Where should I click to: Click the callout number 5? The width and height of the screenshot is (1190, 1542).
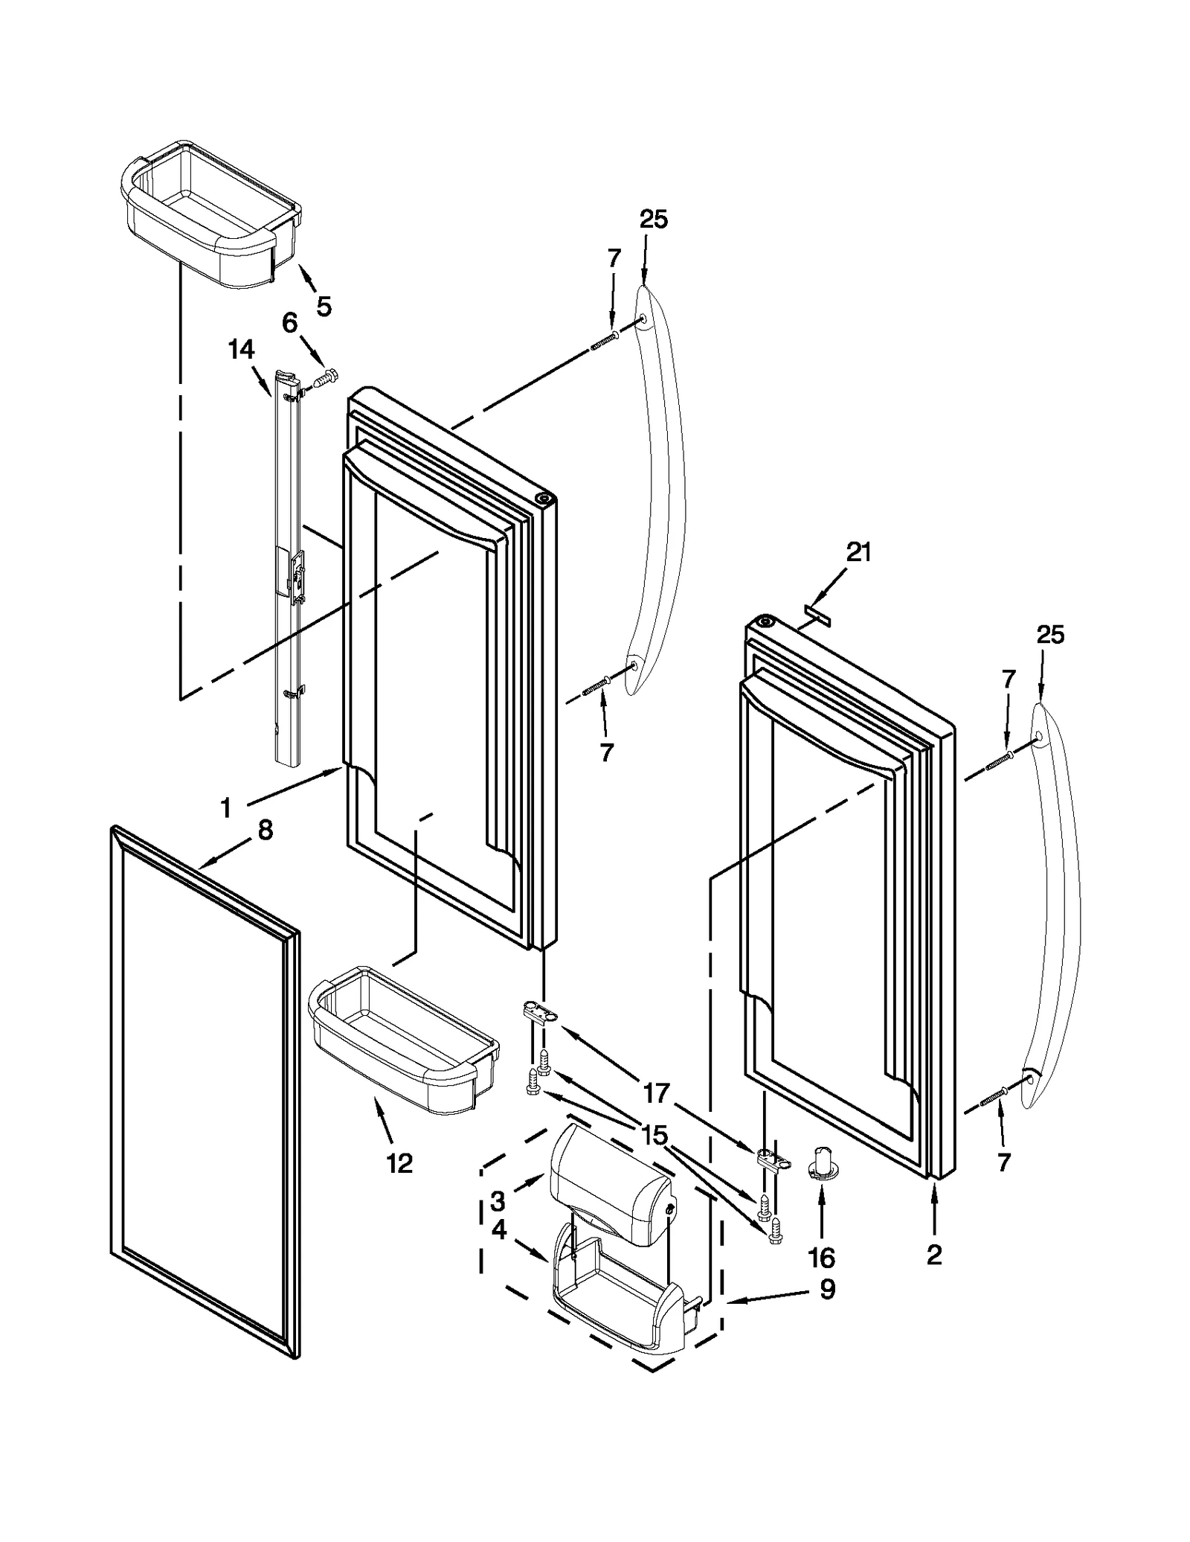pyautogui.click(x=324, y=306)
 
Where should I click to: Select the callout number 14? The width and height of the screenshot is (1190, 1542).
pyautogui.click(x=241, y=349)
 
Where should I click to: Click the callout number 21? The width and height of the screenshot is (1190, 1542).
pyautogui.click(x=858, y=552)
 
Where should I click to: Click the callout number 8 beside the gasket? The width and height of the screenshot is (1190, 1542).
pyautogui.click(x=266, y=831)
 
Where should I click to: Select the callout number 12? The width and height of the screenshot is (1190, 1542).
pyautogui.click(x=399, y=1162)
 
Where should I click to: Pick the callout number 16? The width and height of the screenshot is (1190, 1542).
pyautogui.click(x=821, y=1258)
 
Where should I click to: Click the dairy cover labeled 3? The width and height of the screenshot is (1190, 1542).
pyautogui.click(x=606, y=1194)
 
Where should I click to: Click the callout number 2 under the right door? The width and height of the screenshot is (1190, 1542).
pyautogui.click(x=934, y=1255)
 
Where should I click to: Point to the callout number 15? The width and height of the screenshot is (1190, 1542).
pyautogui.click(x=654, y=1136)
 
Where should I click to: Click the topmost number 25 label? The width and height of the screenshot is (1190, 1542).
pyautogui.click(x=653, y=220)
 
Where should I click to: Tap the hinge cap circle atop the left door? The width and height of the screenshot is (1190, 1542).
pyautogui.click(x=544, y=498)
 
